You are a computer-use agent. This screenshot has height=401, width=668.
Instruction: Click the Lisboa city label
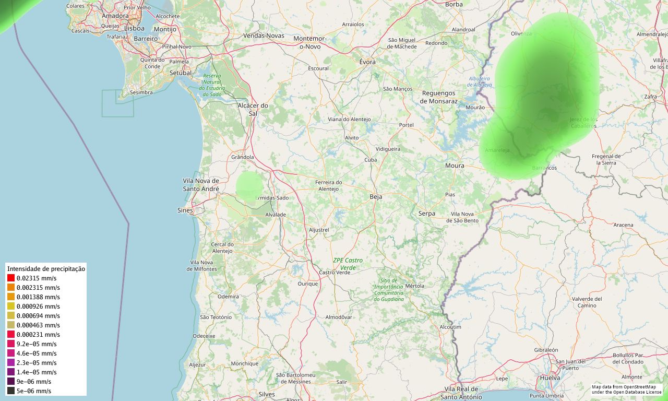coord(134,28)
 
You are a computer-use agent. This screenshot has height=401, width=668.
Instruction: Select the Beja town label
coord(376,197)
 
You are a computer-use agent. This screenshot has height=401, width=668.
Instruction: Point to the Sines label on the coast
coord(185,210)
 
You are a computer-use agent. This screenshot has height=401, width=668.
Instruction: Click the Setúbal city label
coord(181,73)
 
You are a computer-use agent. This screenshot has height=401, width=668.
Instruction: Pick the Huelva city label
coord(551,378)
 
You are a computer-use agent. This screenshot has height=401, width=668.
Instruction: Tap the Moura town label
coord(455,166)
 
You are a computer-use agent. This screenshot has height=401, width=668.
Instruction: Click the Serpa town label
coord(426,214)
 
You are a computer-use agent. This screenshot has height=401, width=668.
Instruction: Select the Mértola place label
coord(415,286)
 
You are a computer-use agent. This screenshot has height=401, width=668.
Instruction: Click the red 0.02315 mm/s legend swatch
coord(11,278)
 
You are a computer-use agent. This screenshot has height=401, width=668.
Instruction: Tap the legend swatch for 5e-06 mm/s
coord(11,391)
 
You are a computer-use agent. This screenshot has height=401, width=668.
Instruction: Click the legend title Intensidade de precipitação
coord(46,269)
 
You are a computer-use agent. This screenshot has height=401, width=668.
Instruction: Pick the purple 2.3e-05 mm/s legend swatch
coord(11,363)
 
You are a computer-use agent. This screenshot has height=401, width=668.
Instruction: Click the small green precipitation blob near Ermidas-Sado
coord(249,185)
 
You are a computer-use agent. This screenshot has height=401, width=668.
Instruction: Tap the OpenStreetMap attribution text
coord(626,390)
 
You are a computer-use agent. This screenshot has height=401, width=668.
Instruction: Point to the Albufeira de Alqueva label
coord(480,81)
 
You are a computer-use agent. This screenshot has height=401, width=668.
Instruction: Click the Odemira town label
coord(228,297)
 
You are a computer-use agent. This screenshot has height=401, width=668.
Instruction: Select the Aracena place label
coord(623,225)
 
